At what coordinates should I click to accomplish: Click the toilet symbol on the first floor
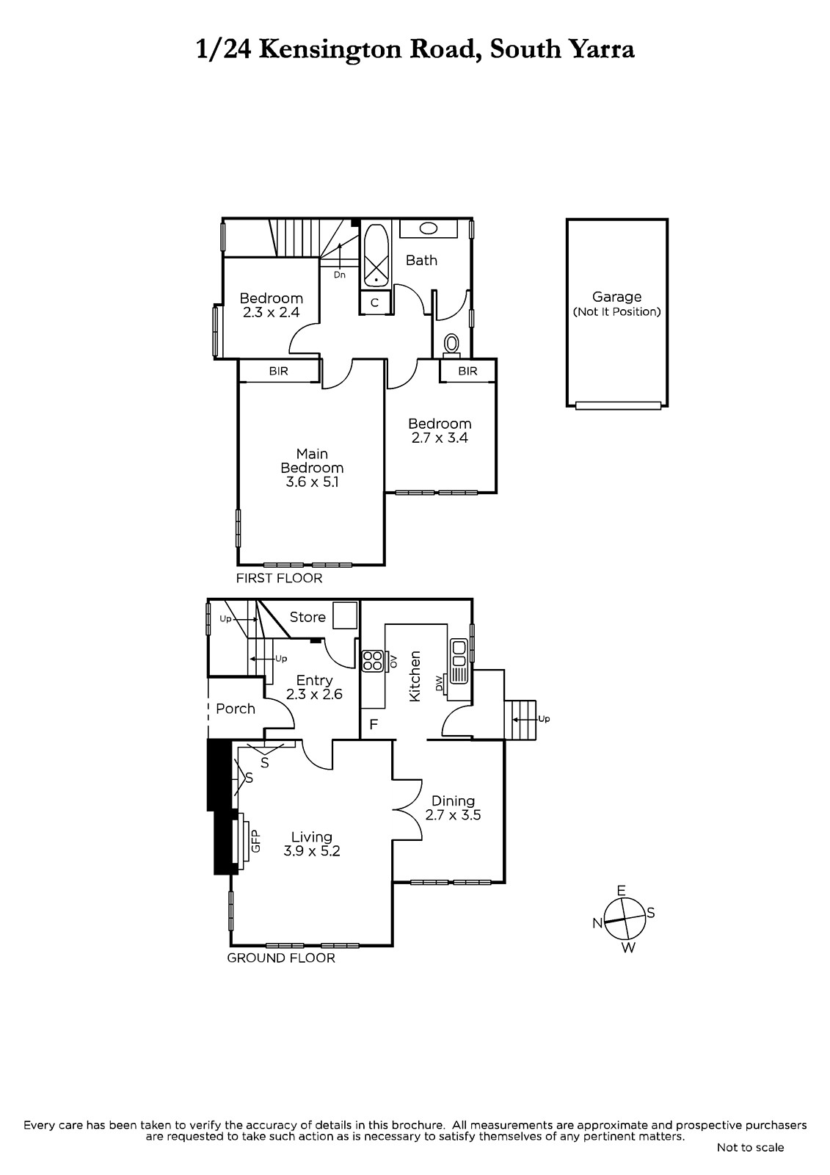tap(451, 346)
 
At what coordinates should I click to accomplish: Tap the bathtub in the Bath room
tap(376, 256)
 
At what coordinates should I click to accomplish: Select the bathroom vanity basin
tap(429, 228)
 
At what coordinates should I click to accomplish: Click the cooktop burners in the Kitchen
tap(372, 661)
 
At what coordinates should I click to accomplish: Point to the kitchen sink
tap(459, 661)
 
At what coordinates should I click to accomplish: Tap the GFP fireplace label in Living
tap(256, 841)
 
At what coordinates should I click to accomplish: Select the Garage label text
tap(616, 297)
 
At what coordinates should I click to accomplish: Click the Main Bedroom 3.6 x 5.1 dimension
tap(312, 482)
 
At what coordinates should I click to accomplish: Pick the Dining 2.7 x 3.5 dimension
tap(453, 814)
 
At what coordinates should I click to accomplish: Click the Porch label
tap(236, 709)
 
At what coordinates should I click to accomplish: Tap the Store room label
tap(307, 617)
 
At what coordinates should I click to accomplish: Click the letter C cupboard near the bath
tap(375, 303)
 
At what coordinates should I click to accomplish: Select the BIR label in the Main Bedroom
tap(278, 371)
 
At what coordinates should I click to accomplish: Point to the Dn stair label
tap(340, 275)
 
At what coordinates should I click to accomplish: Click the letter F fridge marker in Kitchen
tap(374, 724)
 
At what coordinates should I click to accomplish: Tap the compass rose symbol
tap(625, 919)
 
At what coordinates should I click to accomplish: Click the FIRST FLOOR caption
tap(279, 578)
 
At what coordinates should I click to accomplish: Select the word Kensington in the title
tap(332, 50)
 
